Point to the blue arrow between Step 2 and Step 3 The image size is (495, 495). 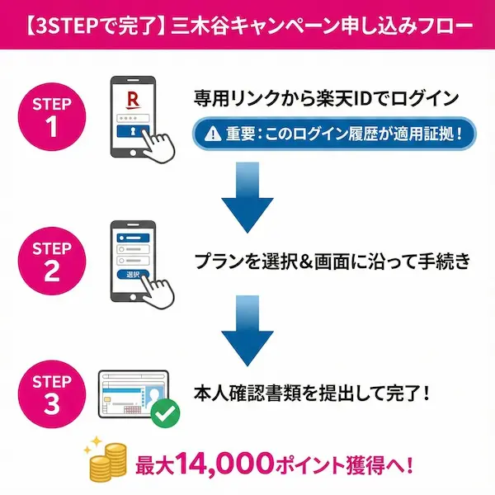[x=248, y=325]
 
